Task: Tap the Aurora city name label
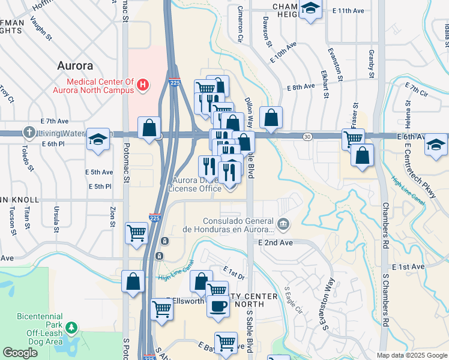(x=75, y=65)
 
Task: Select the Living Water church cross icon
(x=28, y=132)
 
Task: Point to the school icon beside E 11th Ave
(x=311, y=8)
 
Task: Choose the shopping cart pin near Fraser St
(x=352, y=139)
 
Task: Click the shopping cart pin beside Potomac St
(x=137, y=232)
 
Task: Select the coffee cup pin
(x=217, y=305)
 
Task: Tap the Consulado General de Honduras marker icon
(x=284, y=225)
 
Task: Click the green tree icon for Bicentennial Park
(x=72, y=327)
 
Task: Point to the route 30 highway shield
(x=307, y=137)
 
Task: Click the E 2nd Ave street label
(x=276, y=242)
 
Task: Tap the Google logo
(x=20, y=353)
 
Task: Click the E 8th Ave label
(x=301, y=87)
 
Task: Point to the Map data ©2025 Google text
(x=412, y=355)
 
